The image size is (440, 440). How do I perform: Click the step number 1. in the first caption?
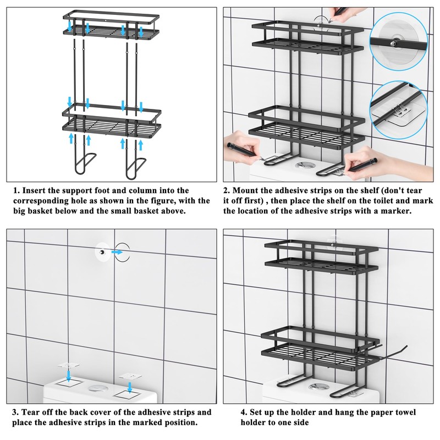(x=16, y=190)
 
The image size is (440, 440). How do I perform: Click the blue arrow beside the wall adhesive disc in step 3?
(x=117, y=252)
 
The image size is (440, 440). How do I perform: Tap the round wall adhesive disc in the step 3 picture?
(x=102, y=252)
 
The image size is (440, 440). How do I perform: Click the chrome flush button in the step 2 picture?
(x=304, y=165)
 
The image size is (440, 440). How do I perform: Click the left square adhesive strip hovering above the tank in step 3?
(x=68, y=366)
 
